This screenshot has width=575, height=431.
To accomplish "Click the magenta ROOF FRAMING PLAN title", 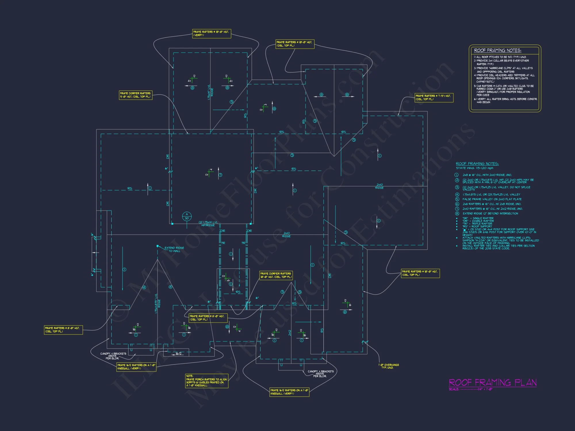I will (492, 382).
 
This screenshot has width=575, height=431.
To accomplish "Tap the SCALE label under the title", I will (454, 389).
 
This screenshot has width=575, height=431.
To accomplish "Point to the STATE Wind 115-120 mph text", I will (474, 168).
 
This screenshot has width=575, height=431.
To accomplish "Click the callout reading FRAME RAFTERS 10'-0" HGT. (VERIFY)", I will (211, 33).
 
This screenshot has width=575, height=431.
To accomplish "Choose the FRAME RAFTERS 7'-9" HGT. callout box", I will (434, 97).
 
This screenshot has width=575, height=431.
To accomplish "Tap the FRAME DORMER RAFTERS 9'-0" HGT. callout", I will (135, 95).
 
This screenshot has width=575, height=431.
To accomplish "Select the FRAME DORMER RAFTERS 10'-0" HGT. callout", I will (276, 275).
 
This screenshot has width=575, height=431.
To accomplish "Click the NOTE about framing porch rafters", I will (206, 381).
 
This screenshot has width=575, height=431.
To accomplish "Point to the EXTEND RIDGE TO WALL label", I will (174, 249).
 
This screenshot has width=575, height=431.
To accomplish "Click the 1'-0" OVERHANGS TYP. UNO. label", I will (388, 366).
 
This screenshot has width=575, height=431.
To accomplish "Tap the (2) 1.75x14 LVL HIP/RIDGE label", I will (208, 224).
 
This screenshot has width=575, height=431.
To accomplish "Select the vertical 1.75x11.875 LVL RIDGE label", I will (158, 303).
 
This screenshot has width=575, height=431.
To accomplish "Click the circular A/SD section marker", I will (187, 216).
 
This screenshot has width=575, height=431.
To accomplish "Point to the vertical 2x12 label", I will (290, 333).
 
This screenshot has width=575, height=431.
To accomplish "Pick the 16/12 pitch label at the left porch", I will (179, 353).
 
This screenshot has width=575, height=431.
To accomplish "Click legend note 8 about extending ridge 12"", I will (490, 213).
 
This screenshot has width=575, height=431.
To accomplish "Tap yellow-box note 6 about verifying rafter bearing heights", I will (505, 101).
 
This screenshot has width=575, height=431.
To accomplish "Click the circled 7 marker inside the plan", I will (220, 175).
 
